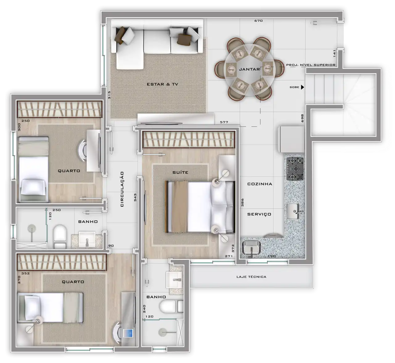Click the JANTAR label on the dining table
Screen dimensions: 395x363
click(249, 69)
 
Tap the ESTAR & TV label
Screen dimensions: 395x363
click(162, 84)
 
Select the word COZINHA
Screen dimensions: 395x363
click(260, 184)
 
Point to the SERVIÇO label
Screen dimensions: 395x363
click(259, 214)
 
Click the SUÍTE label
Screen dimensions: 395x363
click(180, 172)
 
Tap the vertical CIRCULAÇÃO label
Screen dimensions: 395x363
click(122, 189)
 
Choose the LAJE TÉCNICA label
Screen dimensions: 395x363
click(251, 277)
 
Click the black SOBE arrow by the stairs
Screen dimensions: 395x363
click(303, 87)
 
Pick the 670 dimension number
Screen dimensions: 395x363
click(259, 21)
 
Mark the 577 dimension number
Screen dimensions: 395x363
click(224, 122)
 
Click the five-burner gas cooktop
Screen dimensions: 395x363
click(295, 169)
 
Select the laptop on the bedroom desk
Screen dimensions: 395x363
click(128, 333)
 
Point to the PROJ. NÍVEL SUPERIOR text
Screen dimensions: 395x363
click(310, 65)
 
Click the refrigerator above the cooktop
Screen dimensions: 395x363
click(291, 139)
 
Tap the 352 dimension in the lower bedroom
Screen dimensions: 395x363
click(26, 273)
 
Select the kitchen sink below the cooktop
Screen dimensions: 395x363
click(293, 211)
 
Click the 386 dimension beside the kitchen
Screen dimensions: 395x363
click(242, 202)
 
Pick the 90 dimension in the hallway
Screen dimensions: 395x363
click(111, 246)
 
